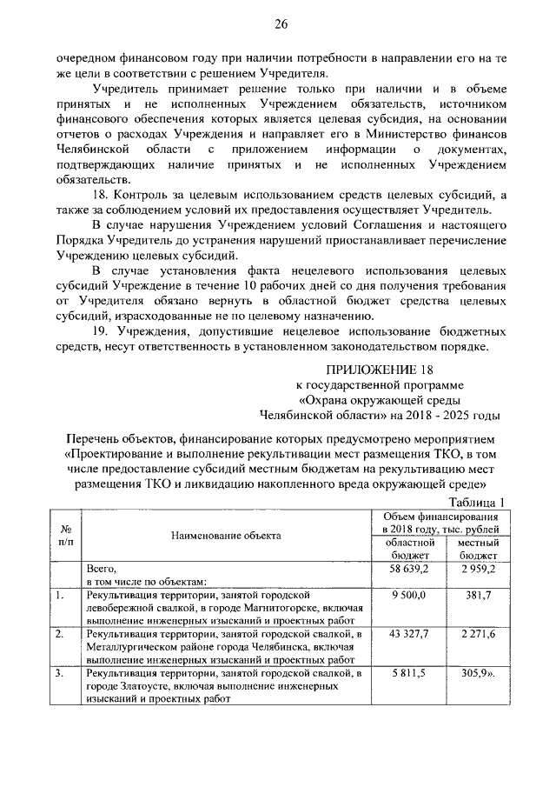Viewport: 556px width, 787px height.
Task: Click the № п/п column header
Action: click(67, 536)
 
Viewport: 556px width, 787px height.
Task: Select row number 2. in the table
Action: click(59, 636)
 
